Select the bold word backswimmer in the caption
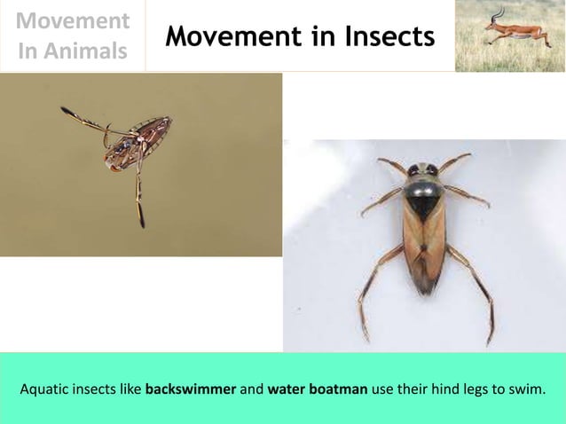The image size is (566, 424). [191, 389]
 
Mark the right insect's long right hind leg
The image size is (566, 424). [479, 293]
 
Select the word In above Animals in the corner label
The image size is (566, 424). [29, 51]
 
